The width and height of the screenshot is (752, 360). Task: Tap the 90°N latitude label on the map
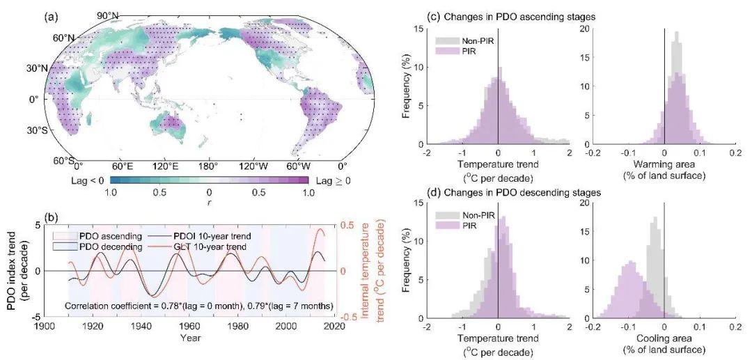pos(109,15)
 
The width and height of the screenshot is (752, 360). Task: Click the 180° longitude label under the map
pos(208,166)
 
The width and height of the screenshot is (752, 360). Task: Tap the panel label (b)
pos(53,216)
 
